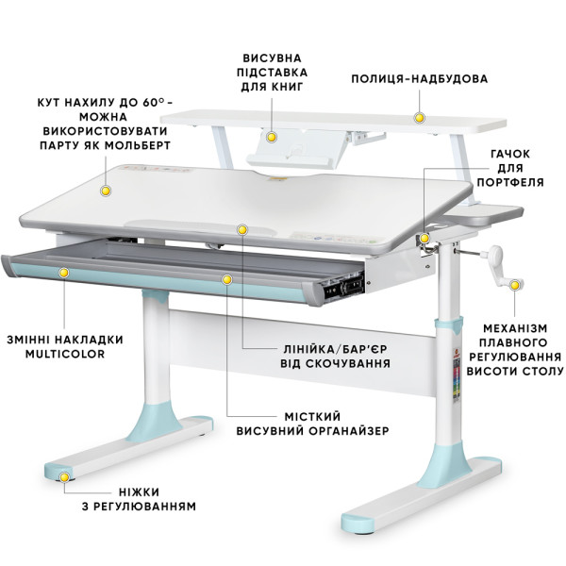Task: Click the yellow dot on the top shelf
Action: click(419, 118)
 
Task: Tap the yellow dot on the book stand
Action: click(272, 137)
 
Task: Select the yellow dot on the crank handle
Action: click(515, 286)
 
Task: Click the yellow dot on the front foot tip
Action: click(64, 477)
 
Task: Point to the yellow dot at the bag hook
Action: click(424, 239)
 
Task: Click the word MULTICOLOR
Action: click(65, 354)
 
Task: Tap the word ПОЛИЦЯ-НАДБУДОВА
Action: click(420, 78)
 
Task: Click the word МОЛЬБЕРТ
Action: click(139, 145)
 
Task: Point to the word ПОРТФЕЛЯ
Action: click(510, 182)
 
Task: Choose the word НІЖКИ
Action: click(139, 492)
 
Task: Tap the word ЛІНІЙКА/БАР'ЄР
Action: click(335, 349)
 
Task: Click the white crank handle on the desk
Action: click(500, 267)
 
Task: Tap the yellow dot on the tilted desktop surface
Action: click(106, 191)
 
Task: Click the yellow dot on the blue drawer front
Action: click(64, 273)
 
